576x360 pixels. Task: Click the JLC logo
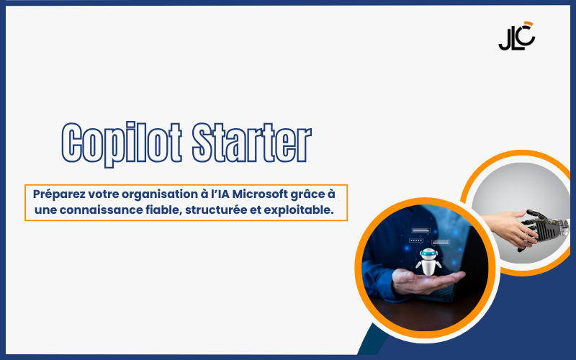517,36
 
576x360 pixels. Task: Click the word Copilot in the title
122,144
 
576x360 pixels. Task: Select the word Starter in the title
252,143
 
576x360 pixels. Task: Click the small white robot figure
428,261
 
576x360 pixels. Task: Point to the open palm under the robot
428,282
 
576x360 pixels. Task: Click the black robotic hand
544,228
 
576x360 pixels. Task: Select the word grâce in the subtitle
308,194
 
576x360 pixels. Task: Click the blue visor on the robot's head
428,253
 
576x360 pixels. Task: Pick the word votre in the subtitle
103,194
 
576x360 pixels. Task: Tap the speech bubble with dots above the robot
416,241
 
